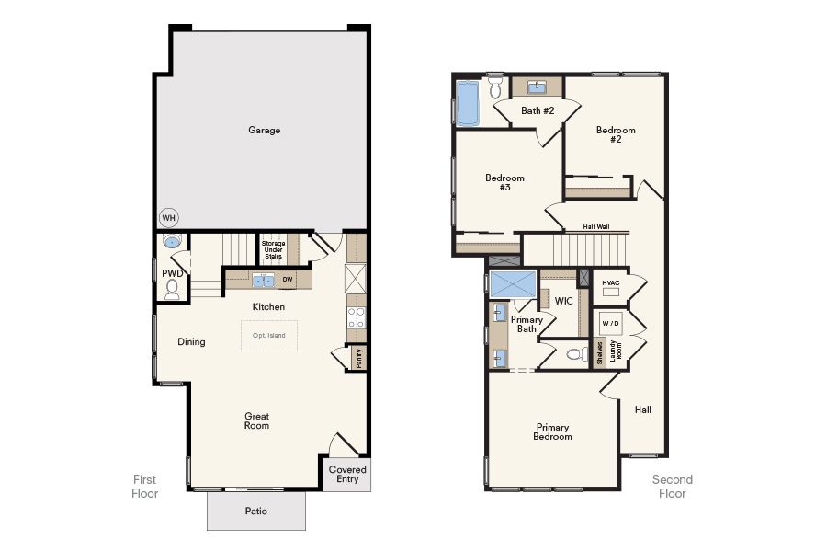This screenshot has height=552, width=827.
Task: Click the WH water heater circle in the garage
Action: [169, 218]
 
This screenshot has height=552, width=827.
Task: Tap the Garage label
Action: [265, 130]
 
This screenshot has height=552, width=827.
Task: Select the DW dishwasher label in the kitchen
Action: [288, 280]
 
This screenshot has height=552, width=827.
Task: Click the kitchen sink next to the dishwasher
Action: [263, 281]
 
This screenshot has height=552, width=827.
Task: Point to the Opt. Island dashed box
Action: [269, 336]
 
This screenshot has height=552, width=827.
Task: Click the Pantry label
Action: [359, 358]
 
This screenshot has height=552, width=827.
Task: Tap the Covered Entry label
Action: [347, 475]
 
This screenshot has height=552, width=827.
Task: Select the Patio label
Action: [256, 511]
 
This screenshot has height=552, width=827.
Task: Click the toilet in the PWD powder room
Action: [172, 289]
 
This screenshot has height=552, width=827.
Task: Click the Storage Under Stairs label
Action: [273, 250]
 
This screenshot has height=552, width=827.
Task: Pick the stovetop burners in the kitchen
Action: [356, 316]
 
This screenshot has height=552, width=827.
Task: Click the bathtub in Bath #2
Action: [468, 104]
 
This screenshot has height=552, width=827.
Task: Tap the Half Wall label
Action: [596, 226]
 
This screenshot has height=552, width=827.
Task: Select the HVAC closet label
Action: [611, 283]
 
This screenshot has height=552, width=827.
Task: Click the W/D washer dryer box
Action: [611, 323]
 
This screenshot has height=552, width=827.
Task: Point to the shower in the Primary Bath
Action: [513, 284]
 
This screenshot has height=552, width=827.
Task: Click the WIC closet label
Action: [564, 301]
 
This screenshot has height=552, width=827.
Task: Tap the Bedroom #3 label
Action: [504, 182]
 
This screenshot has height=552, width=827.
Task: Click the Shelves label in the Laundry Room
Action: [600, 352]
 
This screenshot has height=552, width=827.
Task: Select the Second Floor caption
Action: [673, 487]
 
